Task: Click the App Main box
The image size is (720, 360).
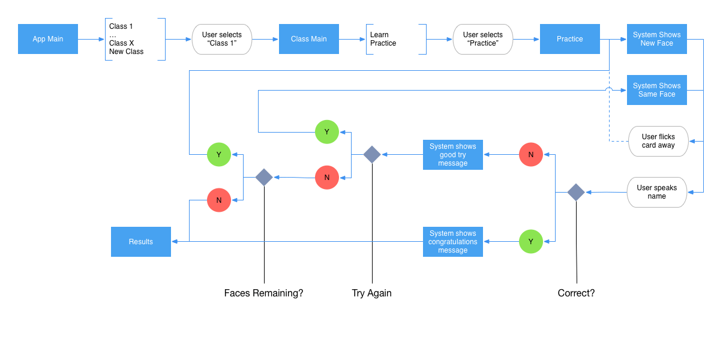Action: click(x=48, y=39)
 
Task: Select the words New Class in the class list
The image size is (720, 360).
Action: click(x=126, y=52)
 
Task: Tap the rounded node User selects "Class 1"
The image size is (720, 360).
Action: click(x=222, y=39)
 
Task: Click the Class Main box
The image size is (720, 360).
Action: click(x=309, y=39)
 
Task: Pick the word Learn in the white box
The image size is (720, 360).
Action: click(x=379, y=35)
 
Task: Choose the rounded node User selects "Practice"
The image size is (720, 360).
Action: click(x=483, y=39)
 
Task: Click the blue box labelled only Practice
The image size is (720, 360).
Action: click(x=569, y=39)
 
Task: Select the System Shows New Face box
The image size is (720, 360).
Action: click(x=656, y=39)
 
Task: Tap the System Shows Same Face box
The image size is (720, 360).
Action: click(x=656, y=90)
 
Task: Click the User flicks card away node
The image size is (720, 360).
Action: click(x=658, y=141)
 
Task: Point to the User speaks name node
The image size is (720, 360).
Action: click(x=656, y=192)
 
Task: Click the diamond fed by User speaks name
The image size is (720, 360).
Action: click(x=576, y=192)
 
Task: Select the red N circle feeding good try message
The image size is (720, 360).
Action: click(x=530, y=155)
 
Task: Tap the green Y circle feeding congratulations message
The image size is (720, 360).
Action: click(x=530, y=241)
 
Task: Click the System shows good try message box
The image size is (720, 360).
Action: click(x=452, y=155)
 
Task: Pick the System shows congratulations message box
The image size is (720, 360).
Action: click(x=452, y=241)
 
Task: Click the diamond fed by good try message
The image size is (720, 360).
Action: click(x=372, y=155)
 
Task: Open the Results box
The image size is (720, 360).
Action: click(x=141, y=241)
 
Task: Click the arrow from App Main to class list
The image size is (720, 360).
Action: click(x=91, y=39)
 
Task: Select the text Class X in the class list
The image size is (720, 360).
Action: click(x=121, y=43)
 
